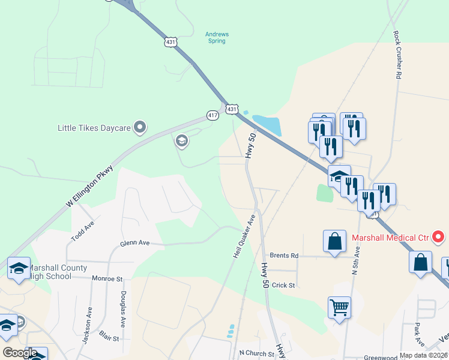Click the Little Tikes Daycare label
[94, 127]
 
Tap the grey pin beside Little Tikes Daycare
[140, 127]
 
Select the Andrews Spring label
[217, 37]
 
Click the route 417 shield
[212, 115]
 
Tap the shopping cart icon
[339, 308]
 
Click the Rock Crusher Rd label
[397, 55]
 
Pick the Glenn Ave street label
[134, 243]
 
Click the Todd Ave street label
[83, 230]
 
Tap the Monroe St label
[107, 279]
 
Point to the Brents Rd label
[284, 256]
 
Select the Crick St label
[283, 285]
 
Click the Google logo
[20, 353]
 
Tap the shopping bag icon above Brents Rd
[334, 241]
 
